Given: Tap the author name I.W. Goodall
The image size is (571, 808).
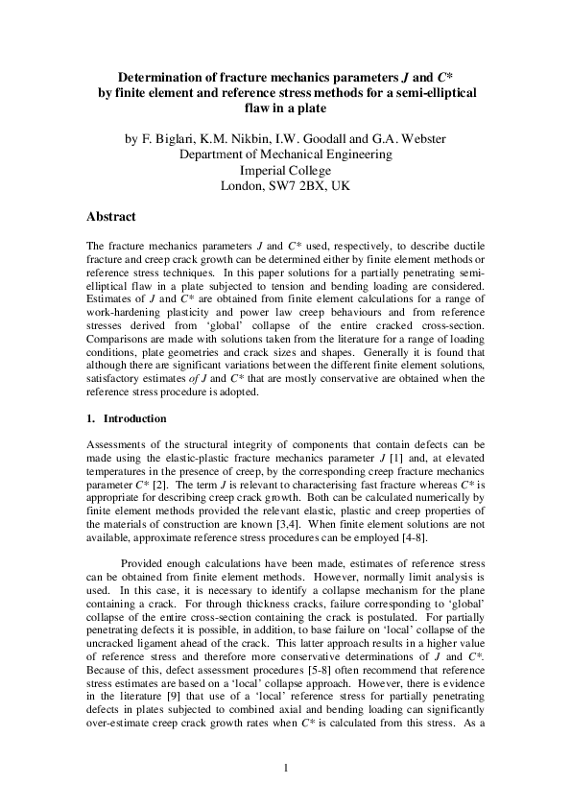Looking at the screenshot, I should [310, 139].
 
